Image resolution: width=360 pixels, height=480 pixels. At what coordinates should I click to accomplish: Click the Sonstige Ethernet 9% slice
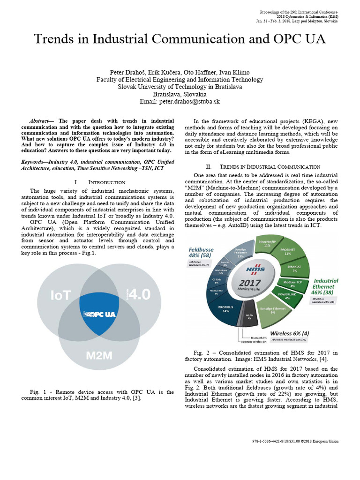coord(273,310)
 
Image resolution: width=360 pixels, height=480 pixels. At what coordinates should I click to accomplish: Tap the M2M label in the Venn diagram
coord(99,355)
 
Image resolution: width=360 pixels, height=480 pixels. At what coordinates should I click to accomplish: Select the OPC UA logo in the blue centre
coord(99,314)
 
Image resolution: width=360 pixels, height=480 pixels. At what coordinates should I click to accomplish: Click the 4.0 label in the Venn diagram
coord(139,294)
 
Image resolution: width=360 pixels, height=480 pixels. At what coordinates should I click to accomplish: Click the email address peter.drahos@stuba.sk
coord(180,101)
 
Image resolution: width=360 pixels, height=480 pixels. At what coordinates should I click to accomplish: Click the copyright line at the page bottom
coord(295,441)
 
